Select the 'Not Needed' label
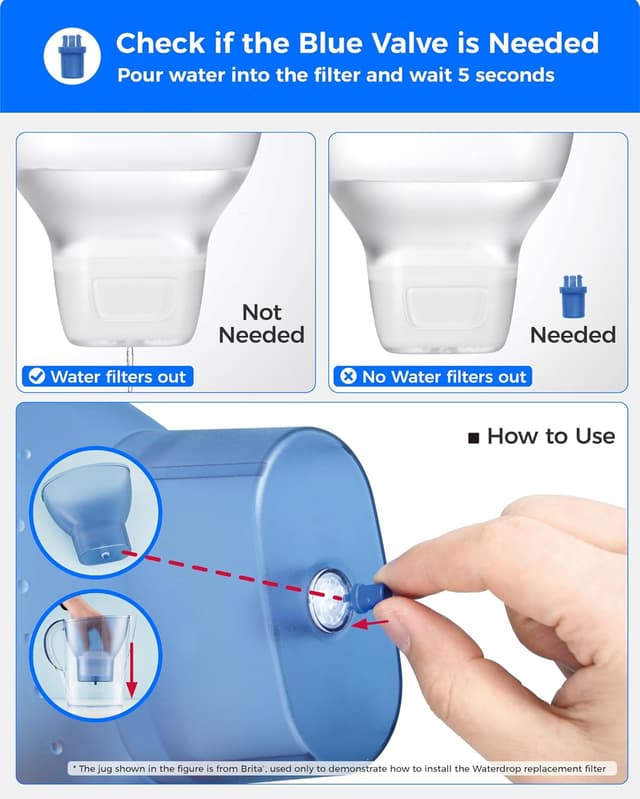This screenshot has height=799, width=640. click(261, 324)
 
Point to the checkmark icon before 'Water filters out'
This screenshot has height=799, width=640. click(36, 377)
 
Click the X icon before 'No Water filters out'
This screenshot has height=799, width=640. click(348, 377)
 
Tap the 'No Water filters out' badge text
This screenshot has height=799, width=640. click(444, 377)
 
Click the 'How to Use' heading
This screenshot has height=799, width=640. click(550, 436)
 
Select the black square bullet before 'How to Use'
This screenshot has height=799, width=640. click(474, 437)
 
